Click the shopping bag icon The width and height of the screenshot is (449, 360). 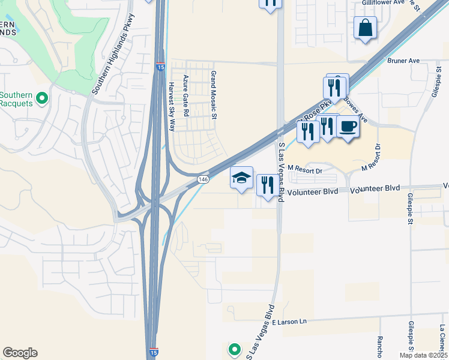pos(365,28)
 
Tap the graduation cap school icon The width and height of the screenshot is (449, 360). pos(242,178)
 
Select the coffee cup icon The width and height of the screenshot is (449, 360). pos(348,127)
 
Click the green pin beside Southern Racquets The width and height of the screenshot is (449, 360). pos(42,98)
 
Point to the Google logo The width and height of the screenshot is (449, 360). pos(20,353)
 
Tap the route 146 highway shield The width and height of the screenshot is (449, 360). pos(203,179)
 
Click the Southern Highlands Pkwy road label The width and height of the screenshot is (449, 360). pos(113,54)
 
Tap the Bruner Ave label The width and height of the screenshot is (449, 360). pos(404,61)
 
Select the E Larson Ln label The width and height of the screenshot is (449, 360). pos(289,322)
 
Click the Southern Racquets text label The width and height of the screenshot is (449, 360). pos(17,98)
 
